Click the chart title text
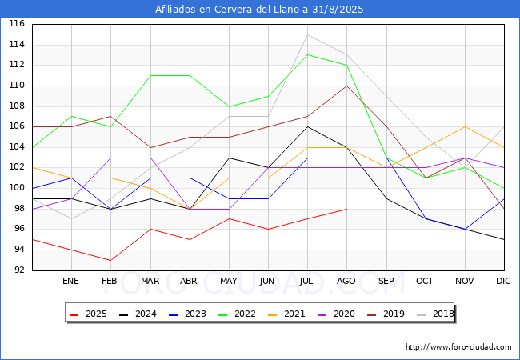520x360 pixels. click(259, 10)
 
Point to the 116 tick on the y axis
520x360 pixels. click(17, 25)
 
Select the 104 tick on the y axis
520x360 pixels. click(17, 147)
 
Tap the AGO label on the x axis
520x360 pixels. click(346, 282)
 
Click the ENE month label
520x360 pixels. click(71, 282)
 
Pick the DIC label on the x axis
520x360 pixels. click(503, 282)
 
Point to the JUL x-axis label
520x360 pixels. click(307, 282)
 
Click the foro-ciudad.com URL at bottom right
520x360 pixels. click(458, 347)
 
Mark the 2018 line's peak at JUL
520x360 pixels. click(307, 34)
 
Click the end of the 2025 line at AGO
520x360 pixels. click(346, 209)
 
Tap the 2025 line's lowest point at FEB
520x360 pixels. click(110, 260)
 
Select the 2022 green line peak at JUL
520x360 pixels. click(307, 54)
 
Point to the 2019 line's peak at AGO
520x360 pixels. click(346, 86)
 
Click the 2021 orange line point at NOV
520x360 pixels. click(464, 126)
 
